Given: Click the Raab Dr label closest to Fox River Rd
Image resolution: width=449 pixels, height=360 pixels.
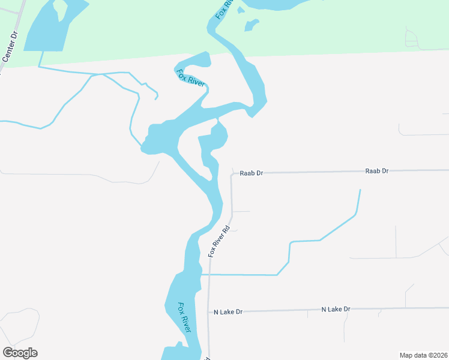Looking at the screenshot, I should (252, 173).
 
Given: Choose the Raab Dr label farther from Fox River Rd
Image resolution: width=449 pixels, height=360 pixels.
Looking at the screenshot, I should (377, 171).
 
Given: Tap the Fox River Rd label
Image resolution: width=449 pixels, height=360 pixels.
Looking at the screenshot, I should (220, 242).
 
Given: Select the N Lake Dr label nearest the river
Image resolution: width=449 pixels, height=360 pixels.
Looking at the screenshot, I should (228, 312).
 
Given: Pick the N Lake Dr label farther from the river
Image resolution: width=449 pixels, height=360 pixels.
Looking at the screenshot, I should (336, 309).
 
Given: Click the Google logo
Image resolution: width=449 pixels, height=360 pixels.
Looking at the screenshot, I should (20, 353).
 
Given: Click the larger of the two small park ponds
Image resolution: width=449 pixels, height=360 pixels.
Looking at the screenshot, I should (251, 25).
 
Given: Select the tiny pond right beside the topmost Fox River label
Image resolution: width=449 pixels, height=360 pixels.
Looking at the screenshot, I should (241, 10).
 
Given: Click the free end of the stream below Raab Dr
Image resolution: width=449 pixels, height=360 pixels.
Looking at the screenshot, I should (360, 190).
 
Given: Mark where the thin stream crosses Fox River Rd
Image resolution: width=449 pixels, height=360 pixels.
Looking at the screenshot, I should (208, 274).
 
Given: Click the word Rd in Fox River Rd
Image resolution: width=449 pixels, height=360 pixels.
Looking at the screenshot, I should (226, 230).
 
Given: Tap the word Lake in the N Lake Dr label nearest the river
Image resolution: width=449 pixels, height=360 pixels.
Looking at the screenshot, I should (227, 312).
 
